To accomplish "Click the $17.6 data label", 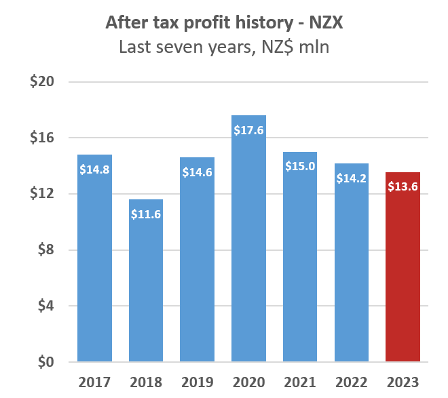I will pos(248,130).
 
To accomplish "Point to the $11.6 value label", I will pos(146,214).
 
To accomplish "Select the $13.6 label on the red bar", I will pos(403,186).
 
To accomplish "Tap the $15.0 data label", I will pos(300,166).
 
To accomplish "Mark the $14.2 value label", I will pos(352,178).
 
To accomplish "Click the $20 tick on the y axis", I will pos(42,82).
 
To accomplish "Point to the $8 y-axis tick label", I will pos(45,250).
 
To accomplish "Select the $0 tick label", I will pos(45,362).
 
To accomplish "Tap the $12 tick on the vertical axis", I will pos(42,194).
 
